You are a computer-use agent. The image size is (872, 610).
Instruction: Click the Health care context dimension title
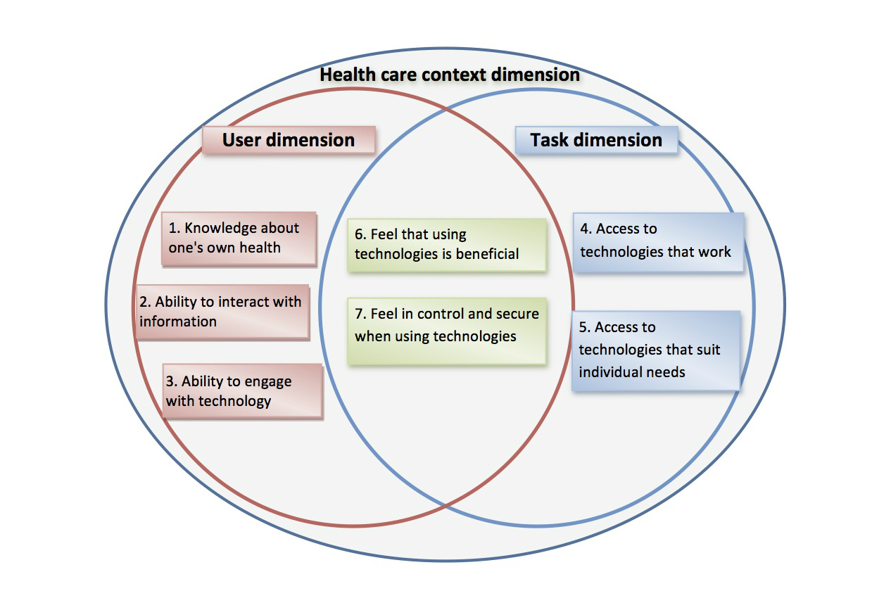coord(450,75)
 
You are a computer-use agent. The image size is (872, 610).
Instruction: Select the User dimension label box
coord(289,139)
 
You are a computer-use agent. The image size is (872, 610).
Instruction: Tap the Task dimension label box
coord(596,139)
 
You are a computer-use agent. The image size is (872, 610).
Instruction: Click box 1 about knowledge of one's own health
coord(239,239)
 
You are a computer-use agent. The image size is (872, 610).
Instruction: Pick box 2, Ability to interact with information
coord(222,312)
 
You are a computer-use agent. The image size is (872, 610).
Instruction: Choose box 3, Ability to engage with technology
coord(242,391)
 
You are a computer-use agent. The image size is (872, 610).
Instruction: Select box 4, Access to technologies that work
coord(658,241)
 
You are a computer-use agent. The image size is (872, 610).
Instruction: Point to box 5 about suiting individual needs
coord(655,350)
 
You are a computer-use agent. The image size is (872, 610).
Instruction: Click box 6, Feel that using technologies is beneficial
coord(446,244)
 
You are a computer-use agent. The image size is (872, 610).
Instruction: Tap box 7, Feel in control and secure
coord(446,325)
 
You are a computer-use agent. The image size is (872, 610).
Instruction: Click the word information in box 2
coord(178,322)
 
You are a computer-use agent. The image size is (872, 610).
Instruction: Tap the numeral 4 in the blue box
coord(585,229)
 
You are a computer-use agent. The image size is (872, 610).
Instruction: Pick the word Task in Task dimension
coord(549,139)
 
